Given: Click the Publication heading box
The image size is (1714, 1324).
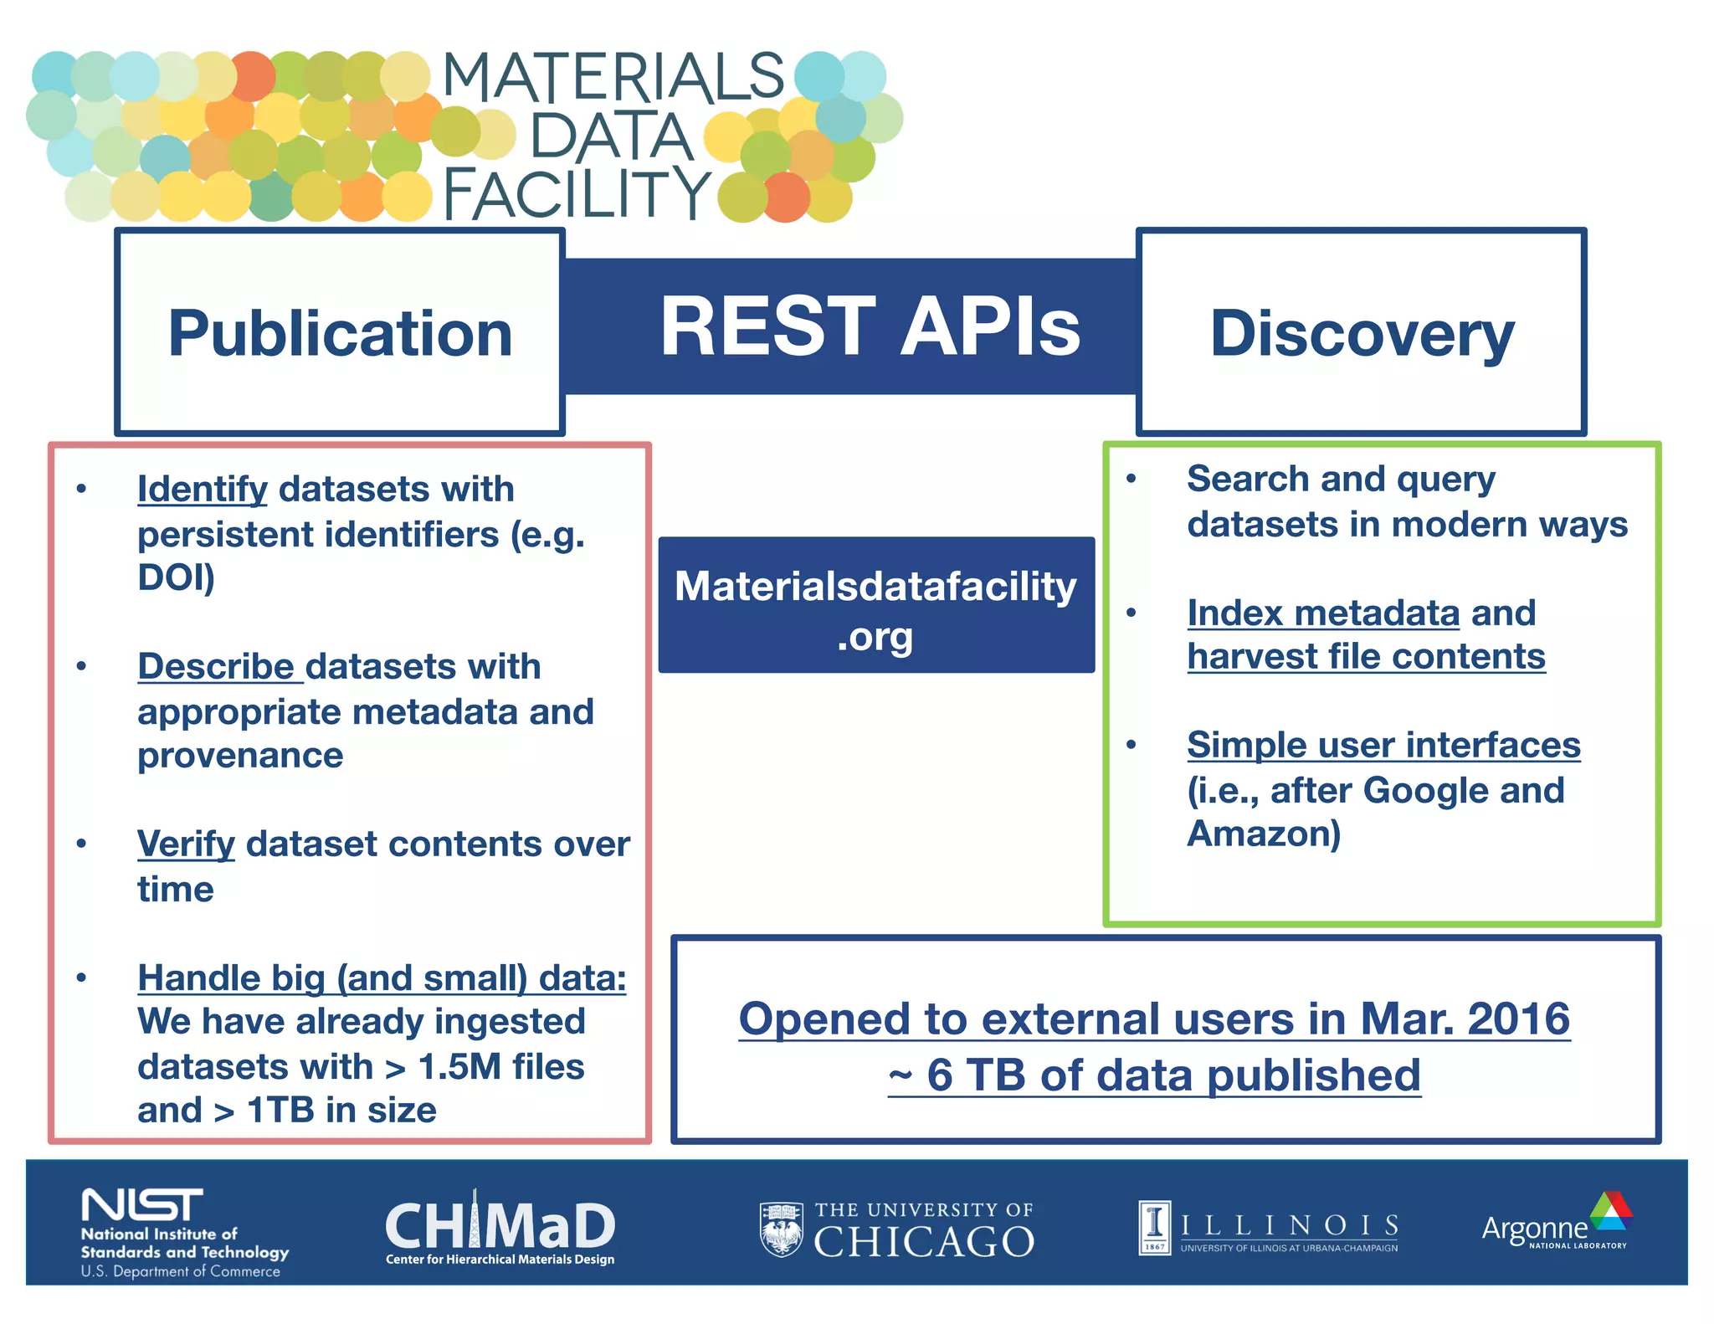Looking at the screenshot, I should pos(340,333).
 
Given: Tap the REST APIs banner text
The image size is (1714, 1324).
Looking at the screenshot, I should pos(870,328).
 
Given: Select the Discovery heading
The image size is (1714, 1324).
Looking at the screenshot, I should pos(1362,333).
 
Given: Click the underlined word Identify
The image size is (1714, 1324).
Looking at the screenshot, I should pos(203,490).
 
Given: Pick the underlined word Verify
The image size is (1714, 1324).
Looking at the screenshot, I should pos(186,844).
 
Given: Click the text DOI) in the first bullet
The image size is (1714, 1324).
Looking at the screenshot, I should pos(176,577).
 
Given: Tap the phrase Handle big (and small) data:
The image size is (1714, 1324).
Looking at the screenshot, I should pos(382,978).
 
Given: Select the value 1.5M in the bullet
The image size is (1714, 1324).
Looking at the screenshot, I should pos(459,1067).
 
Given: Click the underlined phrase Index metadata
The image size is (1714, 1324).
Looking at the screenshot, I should pos(1323,613).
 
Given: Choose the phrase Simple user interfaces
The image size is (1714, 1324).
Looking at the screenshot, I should pos(1383,745).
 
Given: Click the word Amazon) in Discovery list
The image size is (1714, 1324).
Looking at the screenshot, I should pos(1264,834).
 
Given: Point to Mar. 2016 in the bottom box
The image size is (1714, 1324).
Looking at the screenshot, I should pos(1465,1019).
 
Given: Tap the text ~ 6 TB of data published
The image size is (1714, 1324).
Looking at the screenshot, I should pos(1155,1075).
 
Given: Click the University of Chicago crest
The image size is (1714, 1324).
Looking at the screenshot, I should pos(781,1229).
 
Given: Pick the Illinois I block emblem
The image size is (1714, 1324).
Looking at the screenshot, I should pos(1155,1226).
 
